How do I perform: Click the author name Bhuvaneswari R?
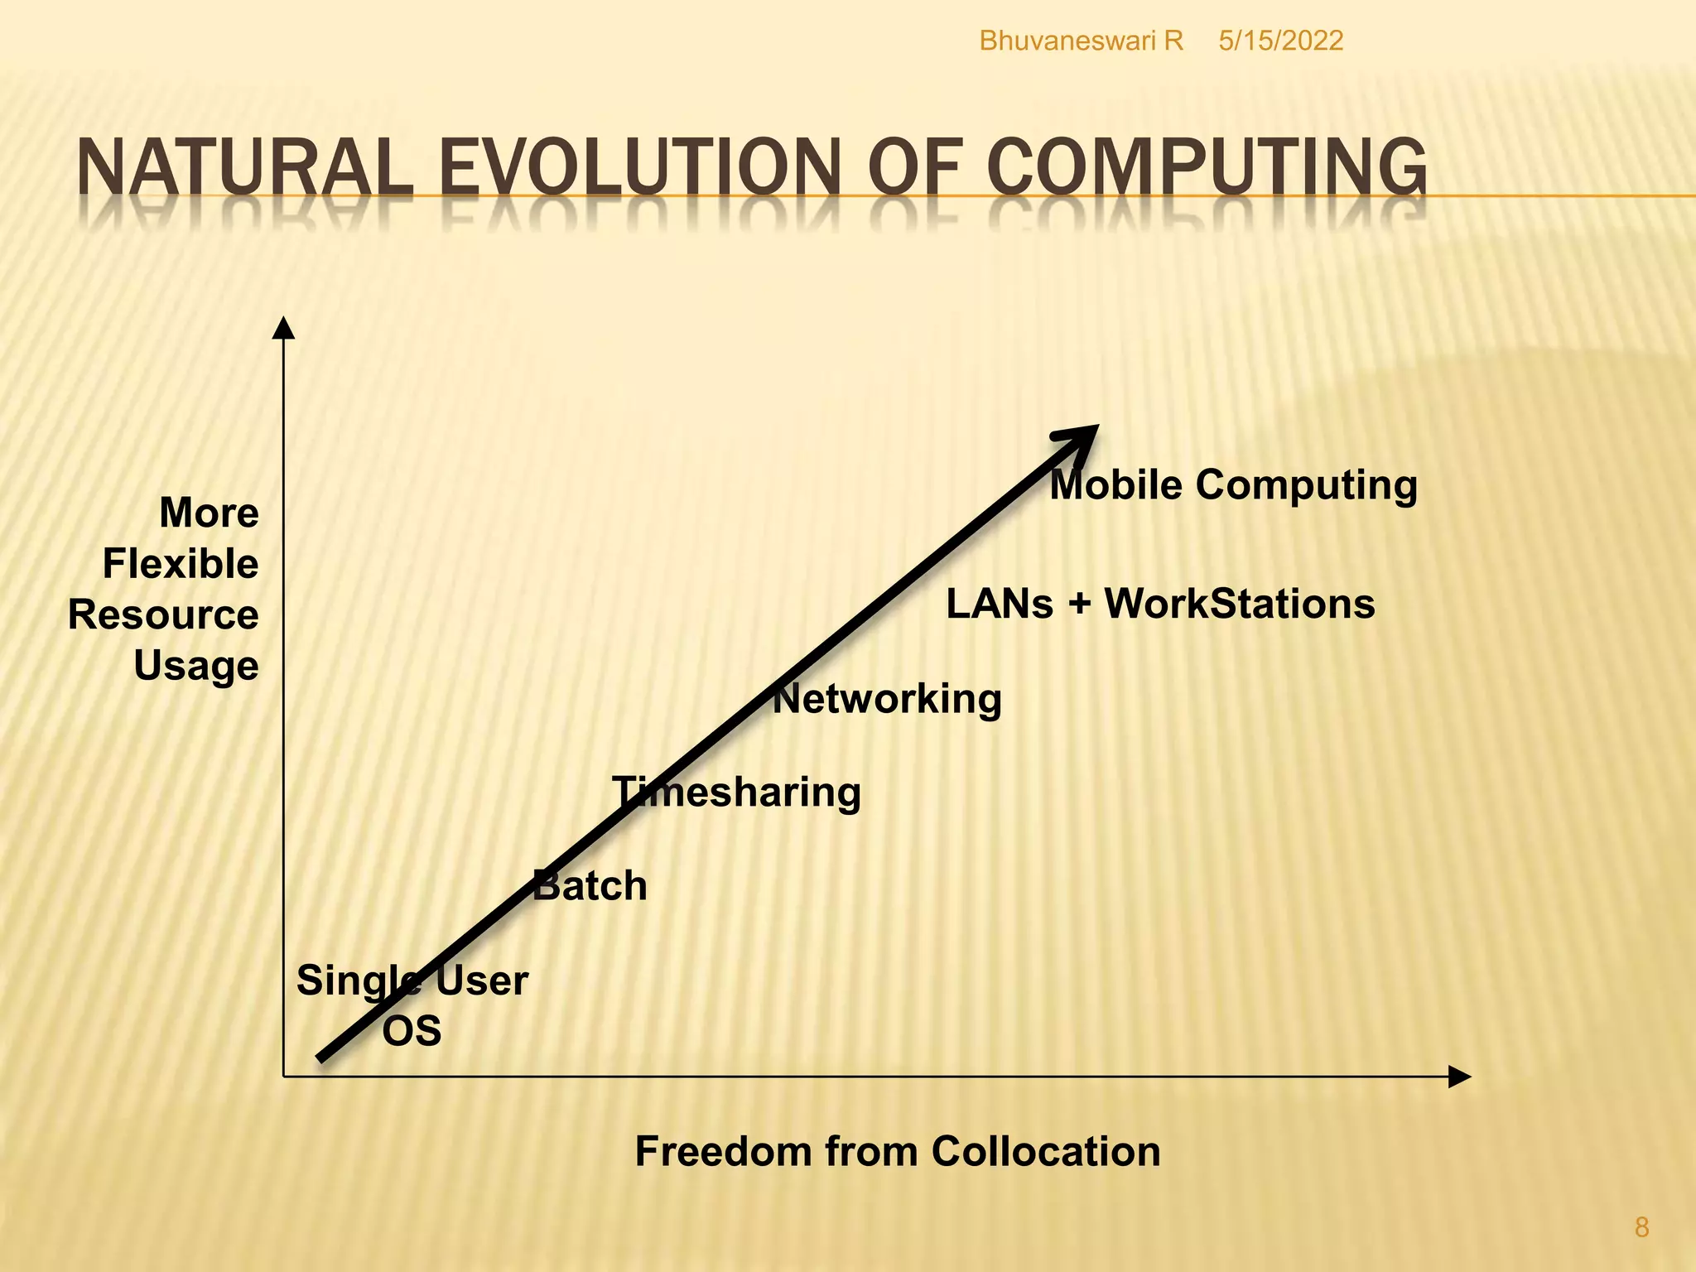click(1081, 41)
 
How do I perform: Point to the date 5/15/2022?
click(1280, 41)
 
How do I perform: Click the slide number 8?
click(1641, 1226)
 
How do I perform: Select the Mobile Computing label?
click(1233, 484)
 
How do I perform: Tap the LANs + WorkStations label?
click(1160, 604)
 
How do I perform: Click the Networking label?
click(887, 700)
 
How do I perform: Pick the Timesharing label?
click(736, 793)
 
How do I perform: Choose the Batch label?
click(590, 886)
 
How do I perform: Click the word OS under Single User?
click(412, 1031)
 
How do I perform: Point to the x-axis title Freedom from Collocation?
click(898, 1151)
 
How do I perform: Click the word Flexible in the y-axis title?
click(181, 564)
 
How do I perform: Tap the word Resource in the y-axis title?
click(163, 615)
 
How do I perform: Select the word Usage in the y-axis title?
click(196, 666)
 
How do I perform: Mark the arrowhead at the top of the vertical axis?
click(284, 329)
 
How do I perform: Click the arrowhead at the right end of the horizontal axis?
click(1458, 1077)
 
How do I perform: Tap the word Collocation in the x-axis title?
click(1046, 1151)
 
